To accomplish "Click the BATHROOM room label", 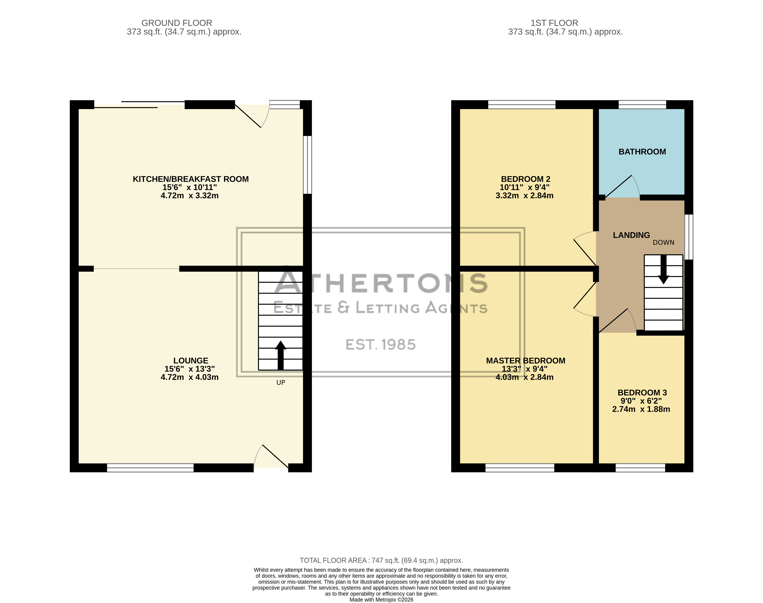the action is [642, 152].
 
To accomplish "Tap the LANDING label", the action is [631, 235].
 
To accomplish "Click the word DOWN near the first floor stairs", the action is [664, 243].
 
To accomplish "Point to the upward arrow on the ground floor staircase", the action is [281, 355].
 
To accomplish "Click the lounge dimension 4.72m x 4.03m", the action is [189, 377].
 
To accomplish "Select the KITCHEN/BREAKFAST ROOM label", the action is [191, 179].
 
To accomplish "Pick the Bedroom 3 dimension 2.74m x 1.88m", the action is [641, 409].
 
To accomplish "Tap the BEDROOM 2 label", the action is [525, 179].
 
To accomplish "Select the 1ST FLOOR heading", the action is [554, 23].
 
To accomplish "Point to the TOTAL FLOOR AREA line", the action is [381, 561].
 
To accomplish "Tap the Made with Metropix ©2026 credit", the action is [381, 600].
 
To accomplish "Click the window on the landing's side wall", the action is [689, 237].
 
